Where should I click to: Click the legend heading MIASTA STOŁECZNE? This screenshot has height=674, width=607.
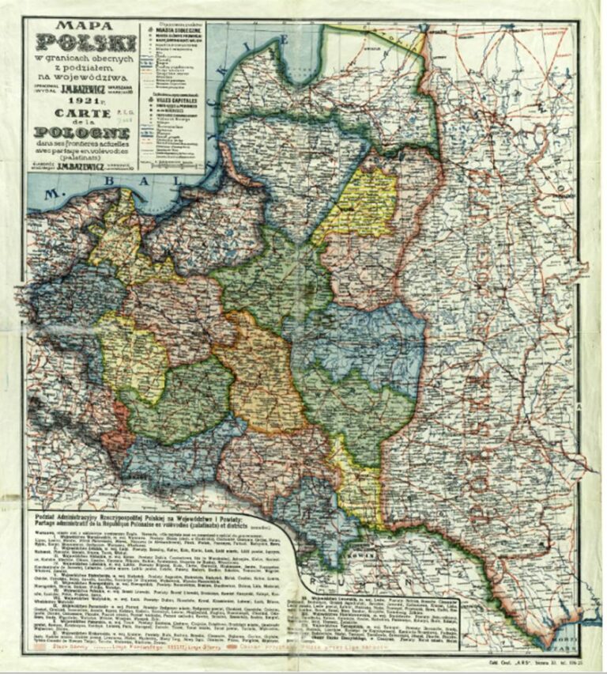click(175, 33)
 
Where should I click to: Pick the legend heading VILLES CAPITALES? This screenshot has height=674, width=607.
click(175, 104)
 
